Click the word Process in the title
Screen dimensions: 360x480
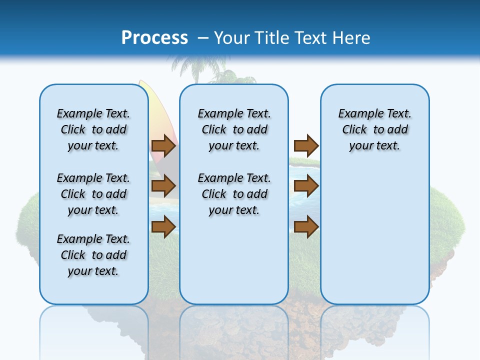[154, 37]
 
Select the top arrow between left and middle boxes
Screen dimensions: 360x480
[163, 146]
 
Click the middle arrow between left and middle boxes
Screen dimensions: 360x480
[163, 186]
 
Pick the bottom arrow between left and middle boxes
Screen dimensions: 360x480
[163, 227]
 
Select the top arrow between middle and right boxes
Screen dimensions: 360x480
[306, 146]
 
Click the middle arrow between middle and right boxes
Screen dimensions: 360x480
[306, 186]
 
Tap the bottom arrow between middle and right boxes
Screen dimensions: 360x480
[306, 227]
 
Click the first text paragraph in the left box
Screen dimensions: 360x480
[93, 129]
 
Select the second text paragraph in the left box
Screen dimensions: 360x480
[93, 194]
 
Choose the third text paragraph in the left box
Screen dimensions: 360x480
[93, 255]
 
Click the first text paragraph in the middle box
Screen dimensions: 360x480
[234, 129]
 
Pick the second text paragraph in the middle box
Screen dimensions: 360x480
[234, 194]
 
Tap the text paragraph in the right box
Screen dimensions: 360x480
[375, 129]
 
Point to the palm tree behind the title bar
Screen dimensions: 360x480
[197, 68]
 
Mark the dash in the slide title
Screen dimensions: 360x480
[203, 38]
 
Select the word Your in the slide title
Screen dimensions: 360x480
[231, 37]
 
